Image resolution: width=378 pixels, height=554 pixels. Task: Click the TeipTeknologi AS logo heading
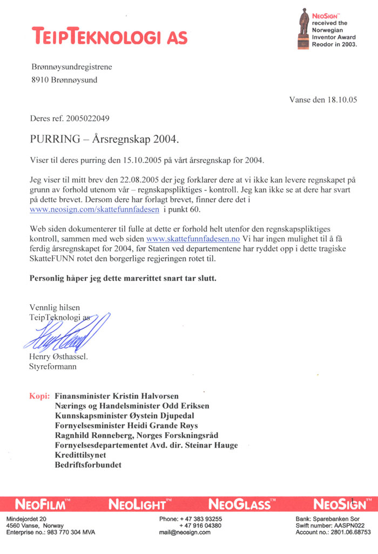110,37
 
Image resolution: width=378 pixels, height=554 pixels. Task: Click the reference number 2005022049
90,118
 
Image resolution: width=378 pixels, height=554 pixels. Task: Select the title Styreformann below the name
52,367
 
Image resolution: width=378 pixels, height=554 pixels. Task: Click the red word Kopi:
39,396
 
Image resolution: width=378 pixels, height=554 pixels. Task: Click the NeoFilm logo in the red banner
42,505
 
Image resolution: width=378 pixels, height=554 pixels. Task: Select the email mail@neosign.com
185,532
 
